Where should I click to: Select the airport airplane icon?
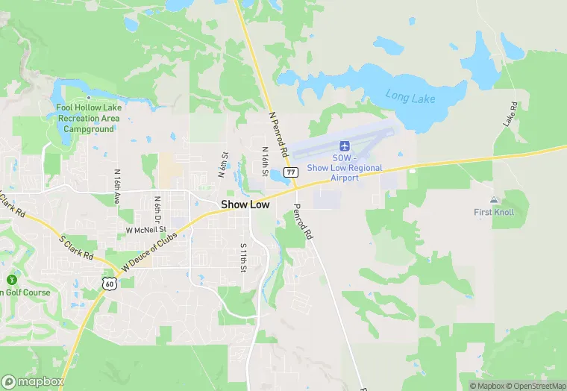(345, 145)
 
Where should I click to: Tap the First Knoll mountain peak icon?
(493, 200)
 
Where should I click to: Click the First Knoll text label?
(494, 212)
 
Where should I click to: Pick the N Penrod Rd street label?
(278, 134)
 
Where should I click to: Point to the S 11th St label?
(243, 257)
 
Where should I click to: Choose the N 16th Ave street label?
(117, 187)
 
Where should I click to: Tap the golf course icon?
(10, 280)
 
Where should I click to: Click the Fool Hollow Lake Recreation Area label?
(89, 118)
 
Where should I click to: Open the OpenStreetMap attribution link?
(535, 386)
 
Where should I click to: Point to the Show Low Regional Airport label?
(344, 167)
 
